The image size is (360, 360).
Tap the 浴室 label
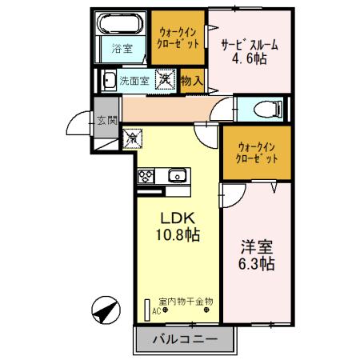tap(122, 50)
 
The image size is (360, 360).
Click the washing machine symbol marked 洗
tap(165, 80)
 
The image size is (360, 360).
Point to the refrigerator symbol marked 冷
tap(132, 138)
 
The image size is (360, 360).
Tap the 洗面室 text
tap(134, 80)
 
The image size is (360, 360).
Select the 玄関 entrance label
tap(107, 121)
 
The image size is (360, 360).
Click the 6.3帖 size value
tap(254, 263)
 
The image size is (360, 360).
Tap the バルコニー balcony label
tap(182, 339)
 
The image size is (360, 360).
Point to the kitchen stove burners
tap(147, 177)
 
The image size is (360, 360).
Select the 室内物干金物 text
tap(186, 302)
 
